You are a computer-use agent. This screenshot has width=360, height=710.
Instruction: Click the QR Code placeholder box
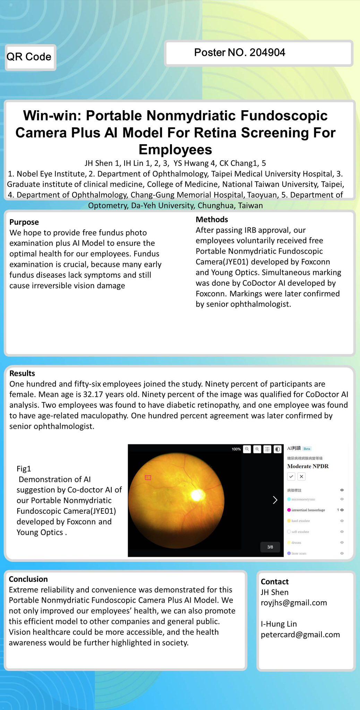(30, 57)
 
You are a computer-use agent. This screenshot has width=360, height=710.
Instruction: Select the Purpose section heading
(24, 222)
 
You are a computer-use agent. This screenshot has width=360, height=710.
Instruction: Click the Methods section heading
(212, 219)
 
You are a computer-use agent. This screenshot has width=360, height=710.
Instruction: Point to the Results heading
(22, 373)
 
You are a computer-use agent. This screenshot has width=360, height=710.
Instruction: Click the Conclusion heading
(28, 579)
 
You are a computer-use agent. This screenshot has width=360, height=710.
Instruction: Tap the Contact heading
(274, 582)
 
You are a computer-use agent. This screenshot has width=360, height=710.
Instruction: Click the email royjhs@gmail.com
(294, 603)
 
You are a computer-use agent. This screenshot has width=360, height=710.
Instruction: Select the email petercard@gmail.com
(300, 635)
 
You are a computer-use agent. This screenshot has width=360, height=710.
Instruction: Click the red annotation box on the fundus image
(148, 478)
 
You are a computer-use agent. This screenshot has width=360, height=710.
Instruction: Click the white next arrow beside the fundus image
(275, 500)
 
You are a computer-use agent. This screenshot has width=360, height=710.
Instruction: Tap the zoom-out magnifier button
(247, 449)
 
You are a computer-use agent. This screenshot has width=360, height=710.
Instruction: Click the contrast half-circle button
(277, 449)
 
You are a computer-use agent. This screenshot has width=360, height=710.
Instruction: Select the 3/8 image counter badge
(270, 547)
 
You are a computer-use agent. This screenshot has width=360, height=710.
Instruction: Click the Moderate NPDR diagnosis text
(308, 466)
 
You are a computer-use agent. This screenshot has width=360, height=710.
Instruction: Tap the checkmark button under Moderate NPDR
(291, 477)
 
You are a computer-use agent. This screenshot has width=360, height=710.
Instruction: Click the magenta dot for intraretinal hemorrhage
(289, 510)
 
